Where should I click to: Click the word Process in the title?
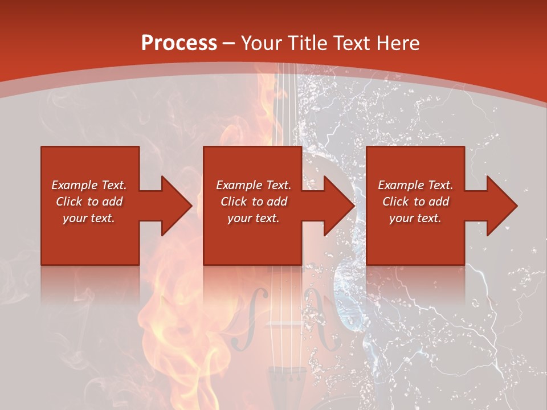point(179,43)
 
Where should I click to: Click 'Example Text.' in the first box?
point(89,185)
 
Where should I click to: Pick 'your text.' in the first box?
point(89,218)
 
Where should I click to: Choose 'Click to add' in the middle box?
point(254,202)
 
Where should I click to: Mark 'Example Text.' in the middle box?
point(254,185)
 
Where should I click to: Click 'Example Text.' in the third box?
point(415,185)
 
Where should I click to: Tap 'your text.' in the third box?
point(415,218)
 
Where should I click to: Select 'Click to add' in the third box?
point(415,202)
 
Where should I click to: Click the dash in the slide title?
point(229,43)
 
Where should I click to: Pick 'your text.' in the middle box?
point(254,218)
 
